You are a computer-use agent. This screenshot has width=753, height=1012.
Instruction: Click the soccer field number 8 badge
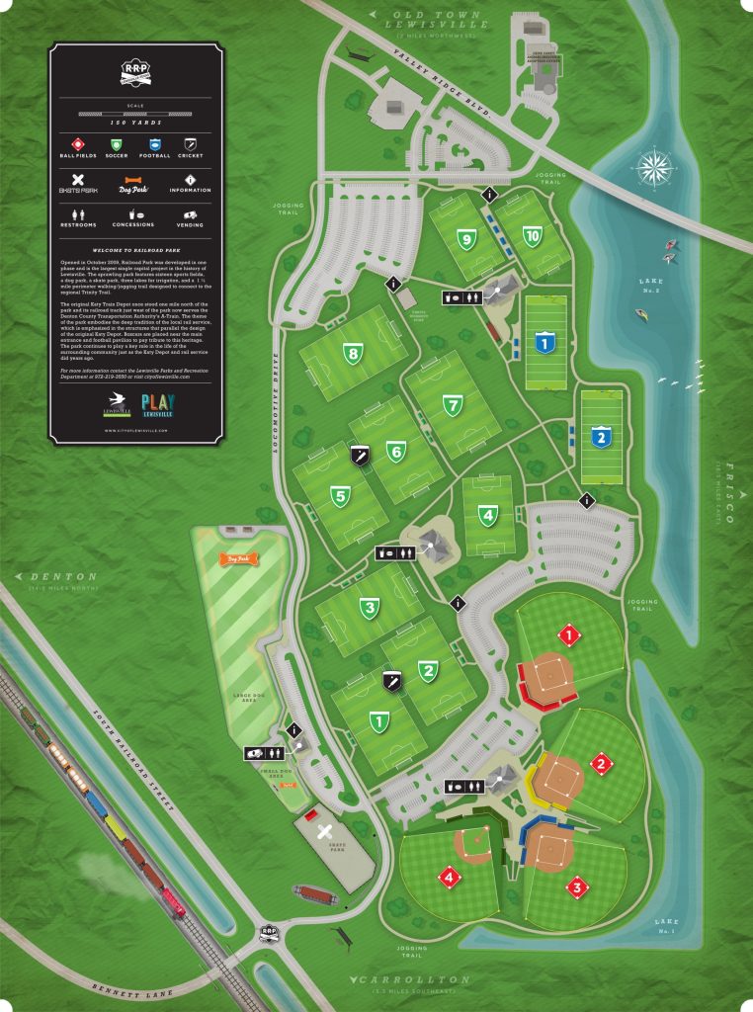coord(351,353)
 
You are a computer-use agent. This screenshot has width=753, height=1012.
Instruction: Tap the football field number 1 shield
coord(543,342)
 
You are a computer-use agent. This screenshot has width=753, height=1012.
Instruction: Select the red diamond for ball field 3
coord(576,886)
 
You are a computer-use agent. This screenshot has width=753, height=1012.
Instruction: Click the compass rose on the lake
coord(654,166)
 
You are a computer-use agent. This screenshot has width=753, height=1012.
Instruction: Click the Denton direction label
coord(63,577)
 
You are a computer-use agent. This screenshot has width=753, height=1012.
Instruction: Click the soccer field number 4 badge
coord(487,515)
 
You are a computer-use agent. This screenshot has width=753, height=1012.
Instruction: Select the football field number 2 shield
coord(600,435)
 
